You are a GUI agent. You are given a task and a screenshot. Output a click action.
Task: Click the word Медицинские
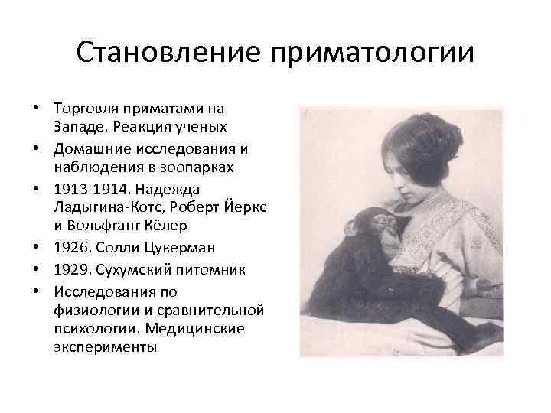(x=217, y=328)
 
